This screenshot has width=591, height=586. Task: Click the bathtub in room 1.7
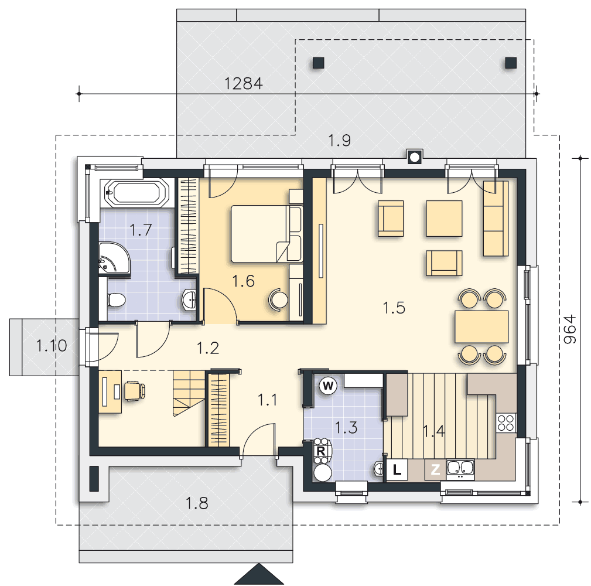(x=137, y=193)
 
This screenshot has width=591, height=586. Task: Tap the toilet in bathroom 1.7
(x=116, y=300)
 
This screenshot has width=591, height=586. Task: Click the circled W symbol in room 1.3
(x=328, y=386)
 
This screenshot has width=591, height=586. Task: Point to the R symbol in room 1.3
(x=321, y=451)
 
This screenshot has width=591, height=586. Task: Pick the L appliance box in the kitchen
(x=397, y=469)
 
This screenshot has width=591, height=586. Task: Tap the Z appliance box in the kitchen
(x=435, y=469)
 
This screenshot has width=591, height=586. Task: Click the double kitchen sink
(x=460, y=468)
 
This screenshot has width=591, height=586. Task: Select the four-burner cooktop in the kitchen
(x=506, y=423)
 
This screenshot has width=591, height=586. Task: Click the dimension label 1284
(x=244, y=83)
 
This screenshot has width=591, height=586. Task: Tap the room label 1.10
(x=52, y=345)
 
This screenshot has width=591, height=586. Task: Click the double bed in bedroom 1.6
(x=267, y=234)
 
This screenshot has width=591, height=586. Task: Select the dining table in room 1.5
(x=481, y=326)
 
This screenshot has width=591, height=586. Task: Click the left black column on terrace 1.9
(x=319, y=63)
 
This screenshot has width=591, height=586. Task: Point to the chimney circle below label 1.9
(x=414, y=157)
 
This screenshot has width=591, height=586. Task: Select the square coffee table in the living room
(x=444, y=219)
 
